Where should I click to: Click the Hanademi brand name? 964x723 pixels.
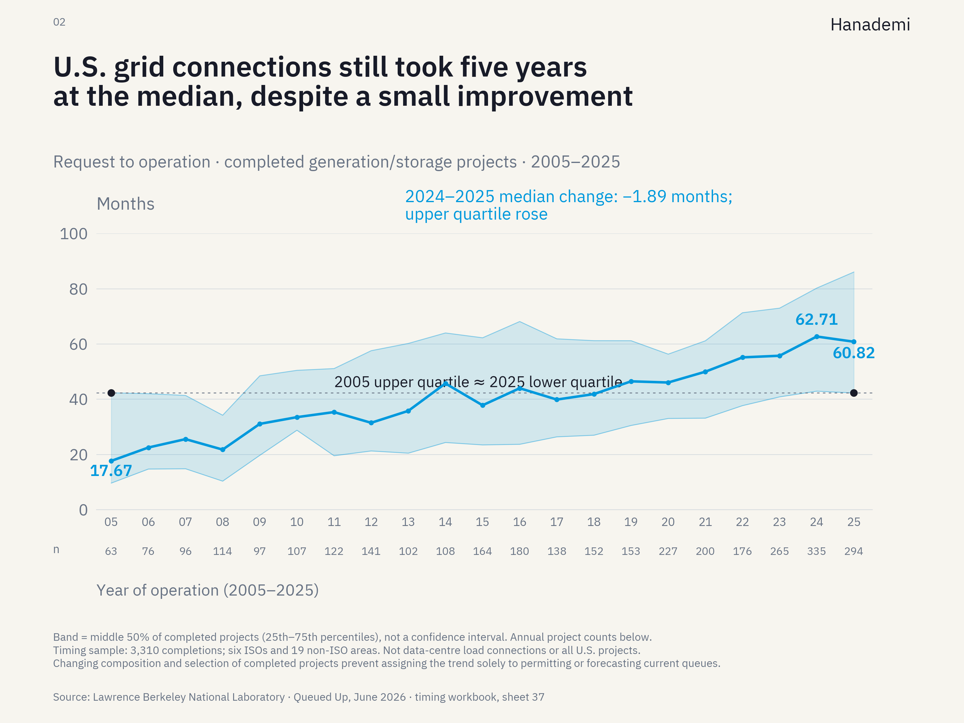[870, 25]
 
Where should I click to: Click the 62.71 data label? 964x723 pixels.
[816, 319]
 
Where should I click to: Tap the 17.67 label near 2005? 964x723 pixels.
[111, 471]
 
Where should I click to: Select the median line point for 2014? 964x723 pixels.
[445, 383]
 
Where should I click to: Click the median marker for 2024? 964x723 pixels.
[817, 336]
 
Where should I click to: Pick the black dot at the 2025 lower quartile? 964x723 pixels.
[854, 393]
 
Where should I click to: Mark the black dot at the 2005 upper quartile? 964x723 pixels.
[111, 393]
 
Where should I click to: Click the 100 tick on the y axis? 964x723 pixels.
[73, 234]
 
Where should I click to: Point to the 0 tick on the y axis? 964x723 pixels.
[83, 510]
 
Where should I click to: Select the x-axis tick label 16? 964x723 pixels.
[519, 522]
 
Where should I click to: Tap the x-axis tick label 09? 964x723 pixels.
[260, 522]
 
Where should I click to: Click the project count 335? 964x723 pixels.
[816, 551]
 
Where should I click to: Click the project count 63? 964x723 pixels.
[111, 551]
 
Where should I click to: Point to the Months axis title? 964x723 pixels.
[126, 204]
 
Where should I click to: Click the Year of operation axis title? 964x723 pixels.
[208, 590]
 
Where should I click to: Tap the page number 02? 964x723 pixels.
[59, 22]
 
